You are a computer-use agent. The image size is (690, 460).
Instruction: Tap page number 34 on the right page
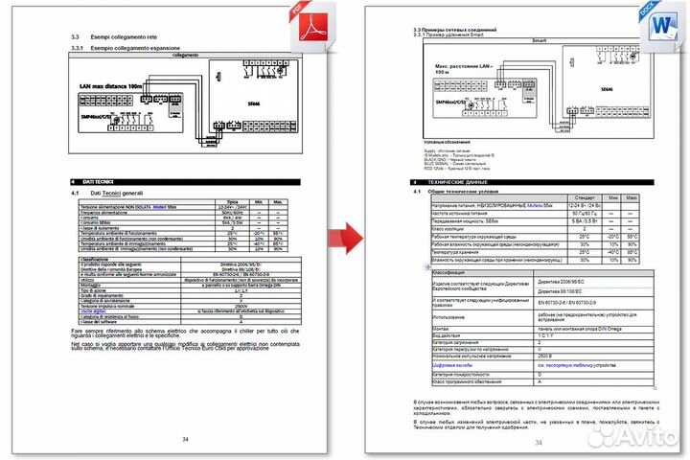tap(538, 442)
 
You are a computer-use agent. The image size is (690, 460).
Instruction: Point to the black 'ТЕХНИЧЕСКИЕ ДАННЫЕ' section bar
tap(538, 181)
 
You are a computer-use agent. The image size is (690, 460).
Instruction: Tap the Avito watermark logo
tap(638, 436)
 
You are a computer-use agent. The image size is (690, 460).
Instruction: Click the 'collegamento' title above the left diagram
tap(184, 56)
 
